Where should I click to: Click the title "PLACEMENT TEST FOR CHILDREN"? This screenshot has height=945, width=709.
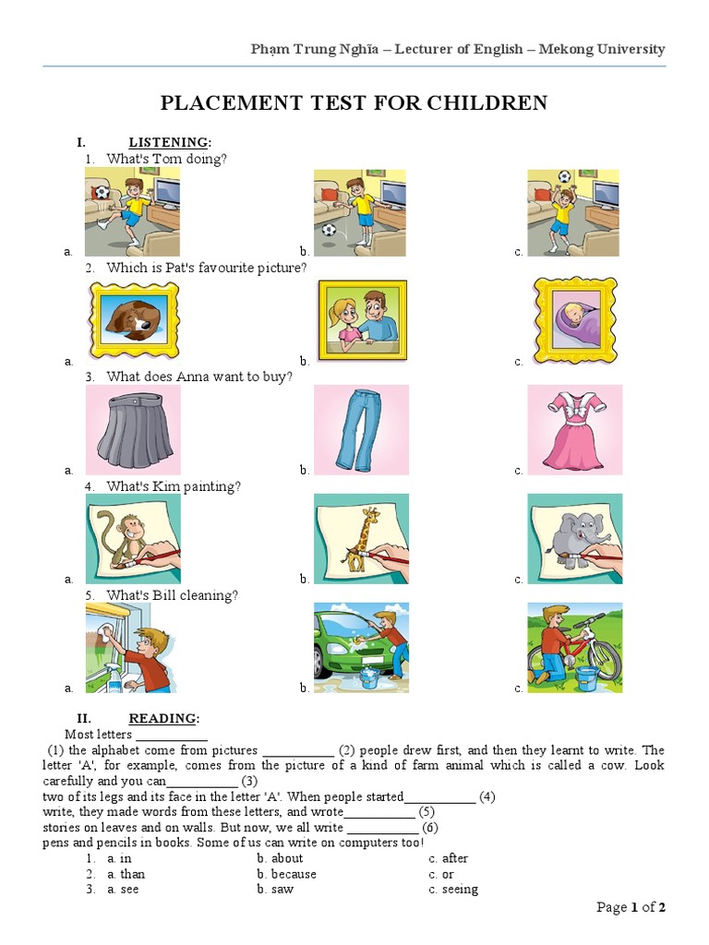pyautogui.click(x=354, y=102)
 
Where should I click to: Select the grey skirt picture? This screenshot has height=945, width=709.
pyautogui.click(x=132, y=429)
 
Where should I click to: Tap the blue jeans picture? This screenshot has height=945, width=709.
pyautogui.click(x=360, y=429)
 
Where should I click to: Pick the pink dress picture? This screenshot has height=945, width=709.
pyautogui.click(x=574, y=429)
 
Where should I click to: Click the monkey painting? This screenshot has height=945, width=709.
pyautogui.click(x=132, y=538)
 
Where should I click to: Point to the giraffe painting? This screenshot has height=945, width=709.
pyautogui.click(x=360, y=538)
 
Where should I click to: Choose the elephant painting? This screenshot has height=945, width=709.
pyautogui.click(x=574, y=538)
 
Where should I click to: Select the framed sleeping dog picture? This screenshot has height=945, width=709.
pyautogui.click(x=132, y=319)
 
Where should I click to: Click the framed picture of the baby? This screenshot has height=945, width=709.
pyautogui.click(x=574, y=319)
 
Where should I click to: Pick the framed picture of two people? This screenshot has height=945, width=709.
pyautogui.click(x=361, y=319)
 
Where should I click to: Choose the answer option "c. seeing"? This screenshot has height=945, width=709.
pyautogui.click(x=453, y=890)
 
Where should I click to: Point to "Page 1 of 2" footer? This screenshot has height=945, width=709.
pyautogui.click(x=631, y=907)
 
